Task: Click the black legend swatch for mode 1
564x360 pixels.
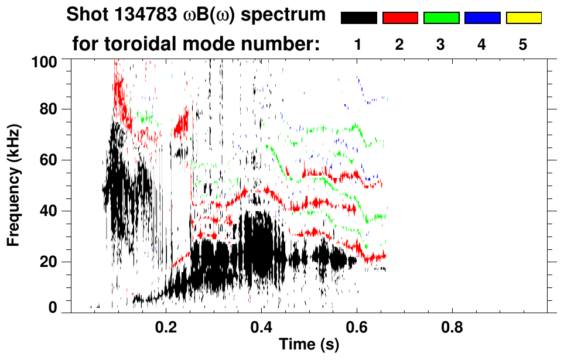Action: pos(359,18)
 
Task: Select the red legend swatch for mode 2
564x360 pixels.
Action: pos(400,18)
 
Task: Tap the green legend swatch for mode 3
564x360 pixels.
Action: pos(441,18)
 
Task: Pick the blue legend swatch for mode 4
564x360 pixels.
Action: pos(482,18)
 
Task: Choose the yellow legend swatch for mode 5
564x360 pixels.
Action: pos(523,18)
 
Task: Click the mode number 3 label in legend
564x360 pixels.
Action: pos(441,44)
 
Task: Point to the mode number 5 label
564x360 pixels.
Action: pos(523,44)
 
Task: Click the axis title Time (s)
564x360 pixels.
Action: pos(309,344)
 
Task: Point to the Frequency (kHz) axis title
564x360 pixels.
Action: pos(14,185)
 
